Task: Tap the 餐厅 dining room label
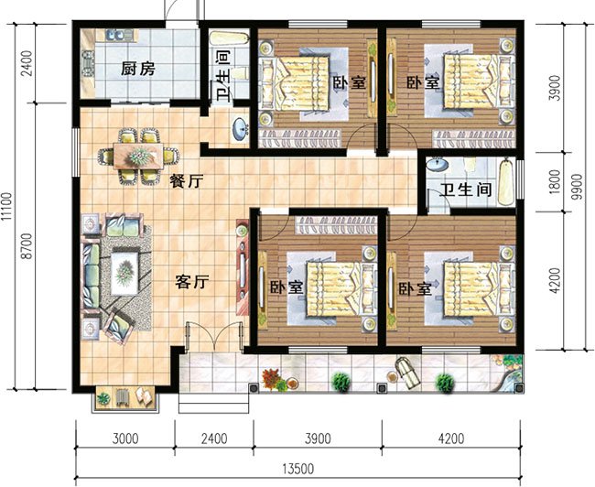tap(187, 181)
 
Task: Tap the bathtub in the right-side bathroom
tap(505, 182)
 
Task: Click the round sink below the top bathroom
tap(240, 128)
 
